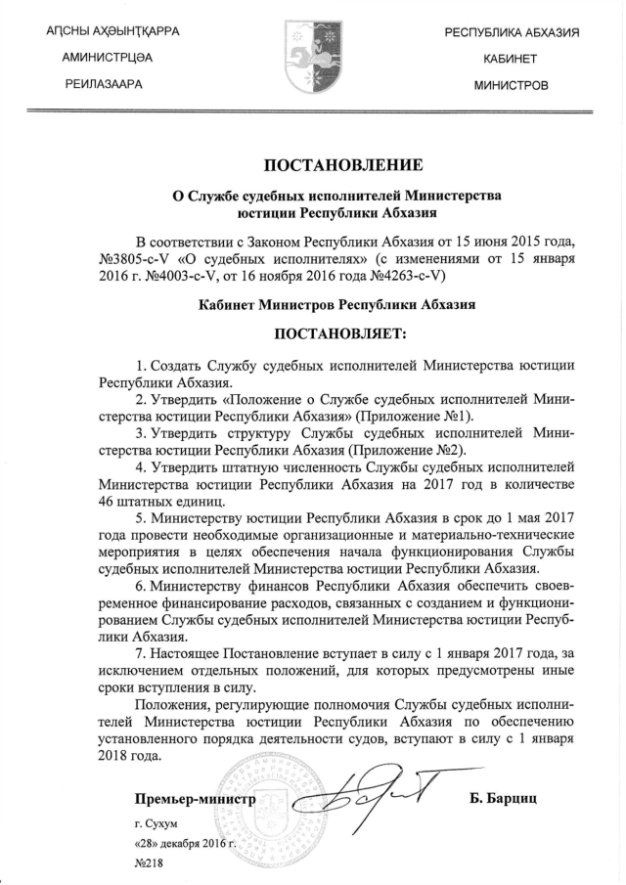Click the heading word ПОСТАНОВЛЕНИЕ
(x=342, y=163)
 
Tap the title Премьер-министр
(x=195, y=800)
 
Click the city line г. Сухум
(x=156, y=824)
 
